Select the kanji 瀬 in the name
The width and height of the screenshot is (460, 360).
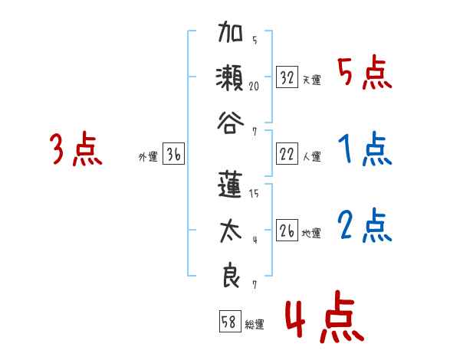point(229,79)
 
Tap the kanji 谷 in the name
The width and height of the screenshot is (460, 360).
point(229,120)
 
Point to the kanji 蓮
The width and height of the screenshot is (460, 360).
point(229,187)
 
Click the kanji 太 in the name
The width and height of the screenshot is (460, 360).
point(229,232)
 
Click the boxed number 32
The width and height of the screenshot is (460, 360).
point(287,77)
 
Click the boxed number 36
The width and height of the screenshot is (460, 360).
point(173,155)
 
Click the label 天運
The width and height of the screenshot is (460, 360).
point(311,80)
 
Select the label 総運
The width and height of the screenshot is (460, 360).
point(255,324)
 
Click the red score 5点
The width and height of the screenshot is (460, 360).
point(365,73)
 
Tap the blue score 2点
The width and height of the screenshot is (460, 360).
point(365,225)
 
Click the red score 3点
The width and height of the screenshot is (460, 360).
point(76,149)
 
